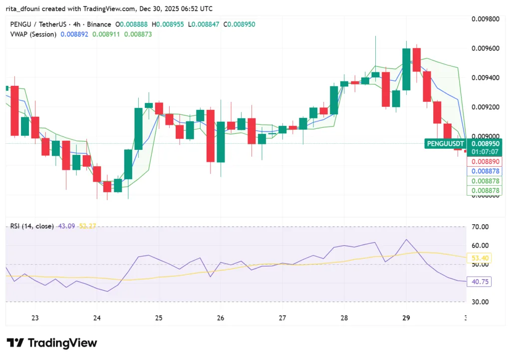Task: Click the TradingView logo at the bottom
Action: click(x=52, y=343)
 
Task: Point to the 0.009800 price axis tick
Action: click(x=486, y=19)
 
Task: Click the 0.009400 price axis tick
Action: click(x=486, y=77)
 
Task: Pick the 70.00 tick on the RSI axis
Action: click(x=480, y=227)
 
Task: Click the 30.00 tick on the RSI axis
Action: click(x=480, y=302)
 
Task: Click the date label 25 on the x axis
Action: click(x=159, y=318)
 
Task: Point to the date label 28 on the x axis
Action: click(x=344, y=318)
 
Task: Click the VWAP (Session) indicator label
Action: click(x=33, y=34)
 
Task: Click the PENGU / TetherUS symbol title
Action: click(x=39, y=24)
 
